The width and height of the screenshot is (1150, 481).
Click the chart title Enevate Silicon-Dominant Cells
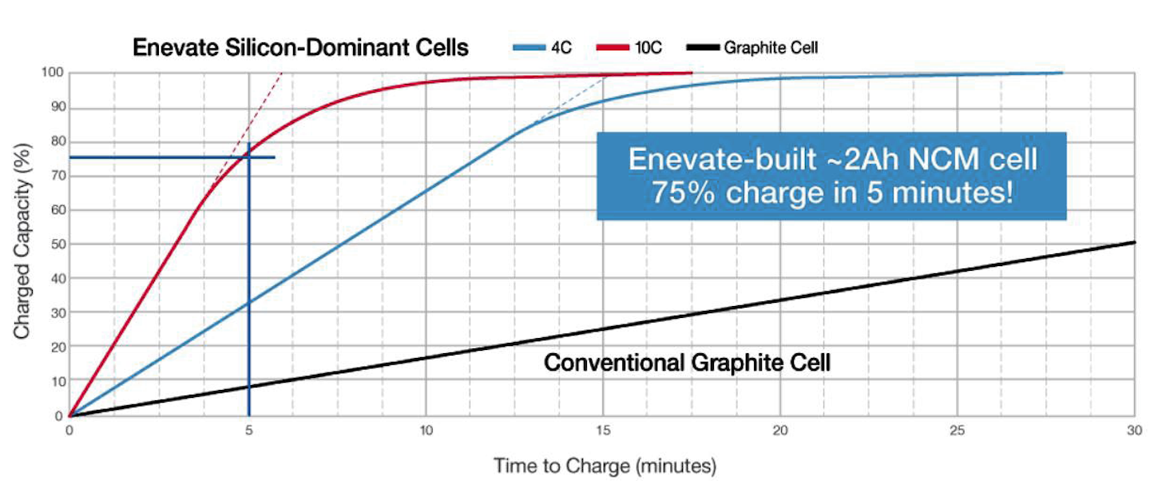[301, 47]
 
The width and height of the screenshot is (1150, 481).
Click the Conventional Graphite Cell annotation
[687, 363]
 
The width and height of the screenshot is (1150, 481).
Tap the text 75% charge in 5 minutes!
[832, 193]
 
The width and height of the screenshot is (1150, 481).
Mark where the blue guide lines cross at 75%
[249, 157]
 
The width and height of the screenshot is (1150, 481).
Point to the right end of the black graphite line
[1135, 242]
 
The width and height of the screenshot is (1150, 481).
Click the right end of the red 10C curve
[692, 73]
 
